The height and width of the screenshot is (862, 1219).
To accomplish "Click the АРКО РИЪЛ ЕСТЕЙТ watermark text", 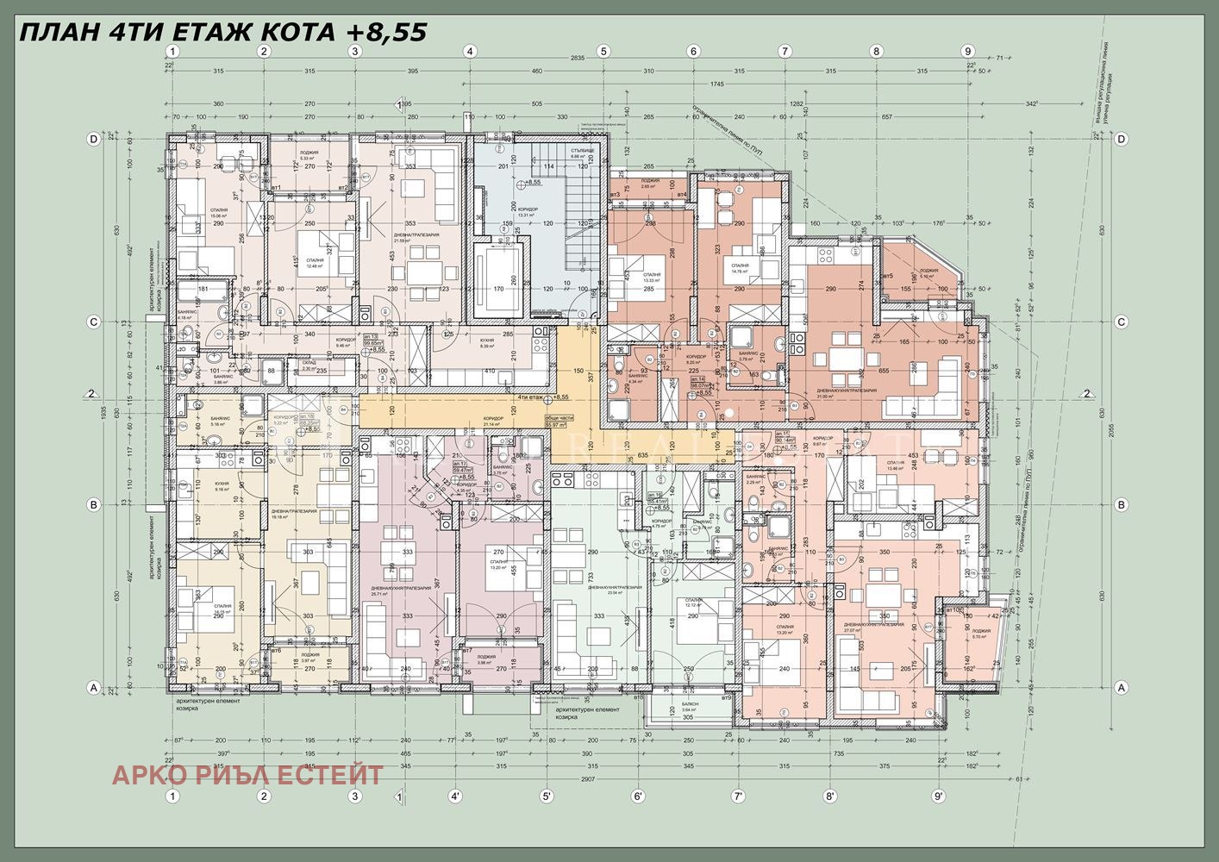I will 247,775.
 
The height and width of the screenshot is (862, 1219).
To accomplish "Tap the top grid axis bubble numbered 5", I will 603,51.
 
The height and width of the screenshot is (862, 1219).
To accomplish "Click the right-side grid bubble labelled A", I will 1122,688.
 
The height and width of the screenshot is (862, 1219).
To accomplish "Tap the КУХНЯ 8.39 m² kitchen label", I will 487,342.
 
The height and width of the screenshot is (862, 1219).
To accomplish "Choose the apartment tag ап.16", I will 654,495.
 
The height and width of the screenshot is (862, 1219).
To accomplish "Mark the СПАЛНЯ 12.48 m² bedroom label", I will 315,261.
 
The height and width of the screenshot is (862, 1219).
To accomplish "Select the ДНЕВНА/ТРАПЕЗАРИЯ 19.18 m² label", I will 292,513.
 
